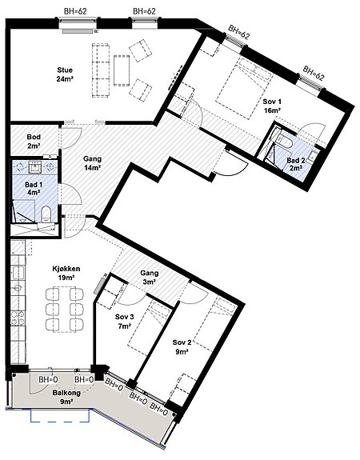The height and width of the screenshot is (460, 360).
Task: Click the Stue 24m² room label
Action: (65, 74)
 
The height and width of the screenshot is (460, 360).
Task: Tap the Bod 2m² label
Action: (34, 141)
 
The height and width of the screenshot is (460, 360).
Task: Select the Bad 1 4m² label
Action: (34, 188)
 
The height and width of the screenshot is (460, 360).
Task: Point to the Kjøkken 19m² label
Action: (66, 273)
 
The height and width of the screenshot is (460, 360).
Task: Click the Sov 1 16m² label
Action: (272, 106)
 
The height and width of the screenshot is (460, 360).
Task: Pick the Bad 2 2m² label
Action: (295, 164)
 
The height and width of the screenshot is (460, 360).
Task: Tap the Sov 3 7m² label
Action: (125, 322)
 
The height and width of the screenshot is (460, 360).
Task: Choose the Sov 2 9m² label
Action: (182, 346)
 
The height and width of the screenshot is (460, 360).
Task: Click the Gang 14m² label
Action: (93, 163)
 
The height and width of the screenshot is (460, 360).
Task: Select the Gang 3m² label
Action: (150, 278)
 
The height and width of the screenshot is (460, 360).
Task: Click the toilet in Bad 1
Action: (46, 214)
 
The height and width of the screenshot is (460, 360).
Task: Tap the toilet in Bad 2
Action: (284, 142)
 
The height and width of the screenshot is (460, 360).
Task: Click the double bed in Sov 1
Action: (244, 88)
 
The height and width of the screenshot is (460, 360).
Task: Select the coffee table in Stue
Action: (122, 70)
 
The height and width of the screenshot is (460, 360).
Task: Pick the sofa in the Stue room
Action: (101, 70)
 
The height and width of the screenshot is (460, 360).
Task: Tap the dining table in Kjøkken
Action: (65, 310)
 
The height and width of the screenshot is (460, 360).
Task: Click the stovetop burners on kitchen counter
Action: (18, 318)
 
